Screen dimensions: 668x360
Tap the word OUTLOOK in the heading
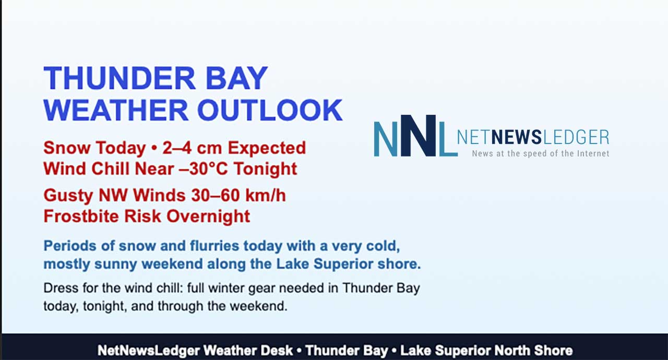pyautogui.click(x=270, y=110)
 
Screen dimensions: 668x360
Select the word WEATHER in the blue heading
pyautogui.click(x=116, y=110)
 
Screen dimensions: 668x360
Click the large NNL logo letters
pyautogui.click(x=415, y=136)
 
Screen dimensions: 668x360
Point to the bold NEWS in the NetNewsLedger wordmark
pyautogui.click(x=517, y=137)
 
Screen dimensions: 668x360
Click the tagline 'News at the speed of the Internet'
pyautogui.click(x=540, y=153)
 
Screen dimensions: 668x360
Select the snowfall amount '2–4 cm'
pyautogui.click(x=192, y=148)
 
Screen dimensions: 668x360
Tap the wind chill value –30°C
pyautogui.click(x=204, y=169)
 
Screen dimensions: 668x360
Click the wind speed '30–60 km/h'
pyautogui.click(x=238, y=196)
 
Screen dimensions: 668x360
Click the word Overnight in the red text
pyautogui.click(x=208, y=217)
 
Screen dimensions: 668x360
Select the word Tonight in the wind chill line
pyautogui.click(x=266, y=169)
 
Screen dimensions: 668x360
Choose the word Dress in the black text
pyautogui.click(x=61, y=288)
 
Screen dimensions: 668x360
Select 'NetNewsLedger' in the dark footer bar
pyautogui.click(x=149, y=351)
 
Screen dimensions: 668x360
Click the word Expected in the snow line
pyautogui.click(x=267, y=148)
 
